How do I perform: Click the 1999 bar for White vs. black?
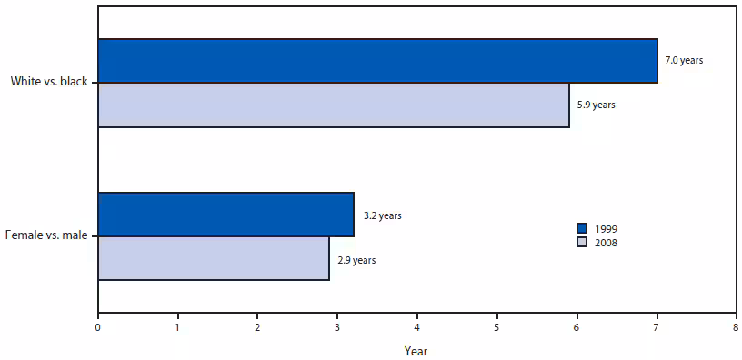tap(377, 61)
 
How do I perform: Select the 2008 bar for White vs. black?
tap(333, 105)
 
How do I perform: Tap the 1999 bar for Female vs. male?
tap(226, 215)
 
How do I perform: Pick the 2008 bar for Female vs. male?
tap(214, 258)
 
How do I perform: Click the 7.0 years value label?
tap(684, 61)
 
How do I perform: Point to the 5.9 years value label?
tap(596, 105)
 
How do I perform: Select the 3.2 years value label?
tap(382, 216)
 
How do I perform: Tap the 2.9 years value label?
tap(356, 260)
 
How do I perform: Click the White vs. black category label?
tap(49, 82)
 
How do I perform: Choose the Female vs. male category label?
tap(46, 236)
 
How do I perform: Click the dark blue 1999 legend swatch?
tap(582, 228)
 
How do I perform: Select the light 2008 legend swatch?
tap(582, 242)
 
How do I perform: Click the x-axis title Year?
tap(416, 350)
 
